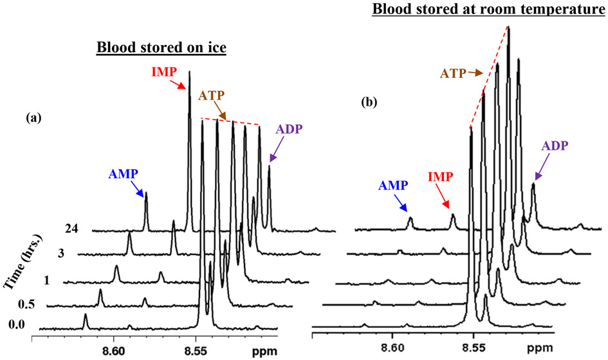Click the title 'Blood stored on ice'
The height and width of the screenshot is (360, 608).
[x=160, y=49]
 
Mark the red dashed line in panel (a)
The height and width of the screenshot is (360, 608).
[x=231, y=122]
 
